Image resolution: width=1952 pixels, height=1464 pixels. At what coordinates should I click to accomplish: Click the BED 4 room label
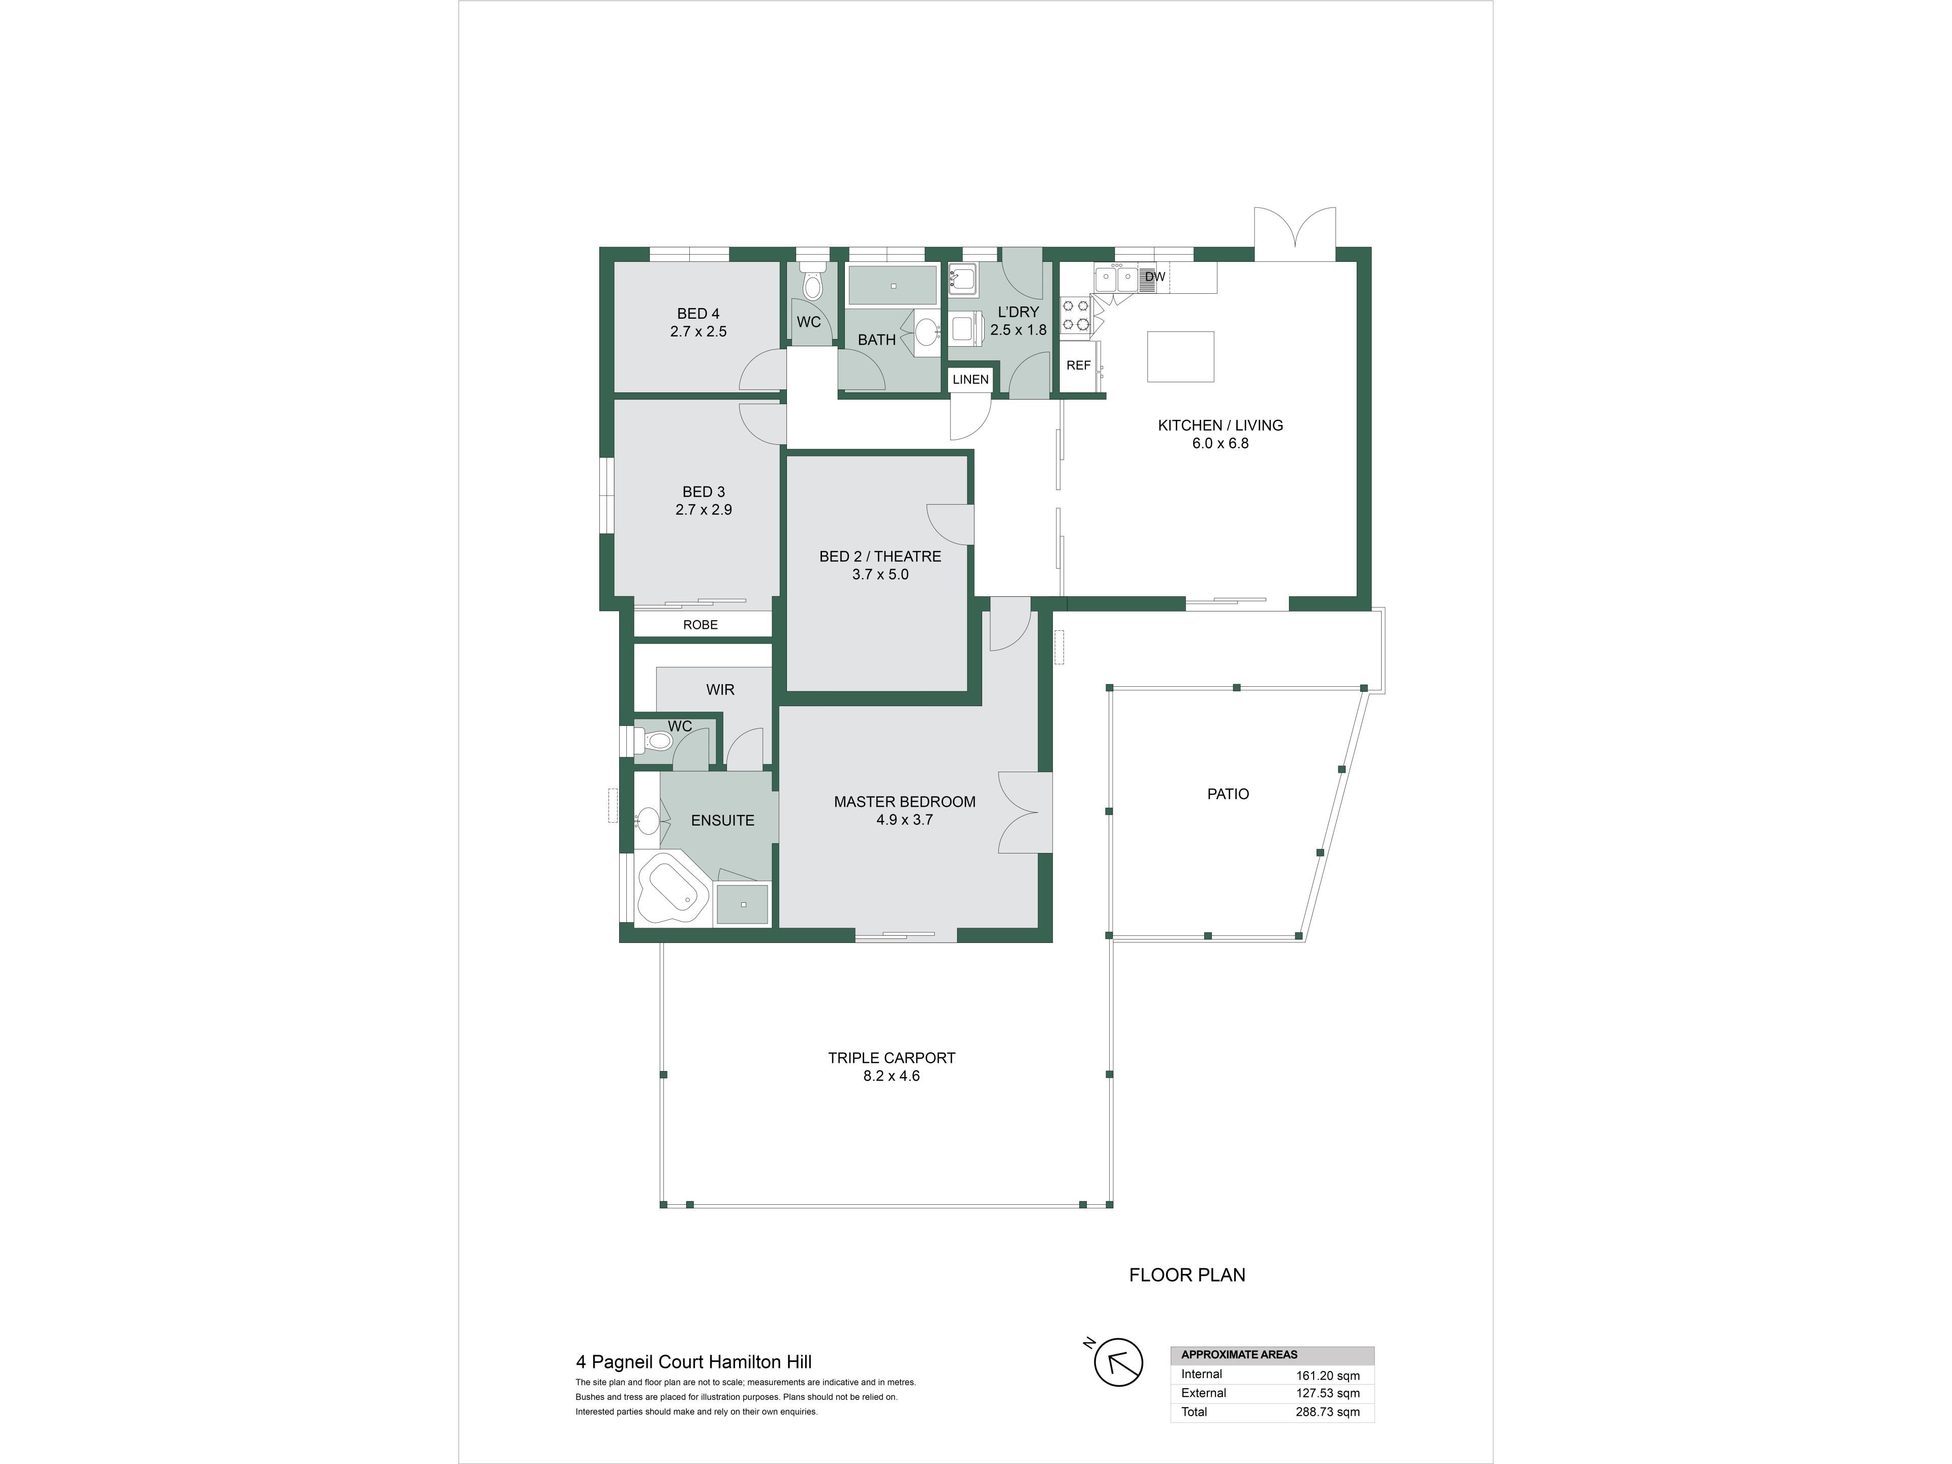(698, 313)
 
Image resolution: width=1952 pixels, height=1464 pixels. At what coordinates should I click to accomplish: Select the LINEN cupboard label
(971, 379)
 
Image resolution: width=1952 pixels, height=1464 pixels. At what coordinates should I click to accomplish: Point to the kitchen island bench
(1181, 356)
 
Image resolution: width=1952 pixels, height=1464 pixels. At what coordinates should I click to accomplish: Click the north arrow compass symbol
(1118, 1362)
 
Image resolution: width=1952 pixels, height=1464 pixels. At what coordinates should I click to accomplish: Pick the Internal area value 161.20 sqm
(1327, 1375)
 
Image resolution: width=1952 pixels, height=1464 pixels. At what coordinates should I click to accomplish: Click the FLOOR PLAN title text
(1187, 1274)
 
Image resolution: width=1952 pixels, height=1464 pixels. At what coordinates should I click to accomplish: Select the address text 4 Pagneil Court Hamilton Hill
(693, 1362)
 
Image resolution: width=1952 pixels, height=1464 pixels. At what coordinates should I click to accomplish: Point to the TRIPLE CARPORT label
(891, 1057)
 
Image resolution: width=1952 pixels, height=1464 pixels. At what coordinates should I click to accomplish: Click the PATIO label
(1228, 794)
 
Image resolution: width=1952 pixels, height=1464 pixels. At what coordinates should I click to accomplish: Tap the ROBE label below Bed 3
(700, 625)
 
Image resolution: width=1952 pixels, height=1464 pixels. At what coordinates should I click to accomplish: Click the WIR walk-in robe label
(720, 690)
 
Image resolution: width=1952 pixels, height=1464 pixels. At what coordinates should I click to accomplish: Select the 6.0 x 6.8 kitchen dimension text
(1221, 443)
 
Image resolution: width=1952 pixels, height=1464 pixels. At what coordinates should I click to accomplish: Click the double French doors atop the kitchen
(1295, 233)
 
